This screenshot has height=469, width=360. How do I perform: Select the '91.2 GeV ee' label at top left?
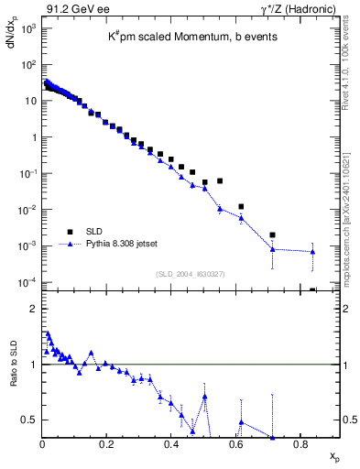coord(71,9)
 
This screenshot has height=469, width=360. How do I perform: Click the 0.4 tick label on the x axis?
coord(171,443)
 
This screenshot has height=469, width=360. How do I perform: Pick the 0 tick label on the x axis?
coord(42,443)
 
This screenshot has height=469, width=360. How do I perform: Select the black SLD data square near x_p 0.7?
coord(272,234)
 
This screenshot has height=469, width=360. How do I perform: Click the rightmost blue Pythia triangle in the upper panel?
coord(312,252)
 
